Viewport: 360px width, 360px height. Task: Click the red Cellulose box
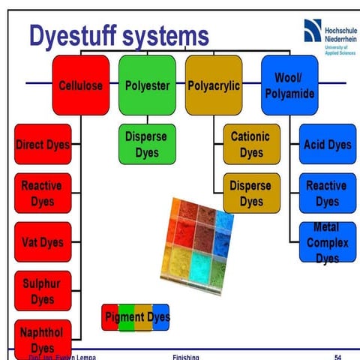click(x=81, y=85)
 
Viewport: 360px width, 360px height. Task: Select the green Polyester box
click(x=147, y=85)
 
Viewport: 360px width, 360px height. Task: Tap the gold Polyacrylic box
click(x=214, y=85)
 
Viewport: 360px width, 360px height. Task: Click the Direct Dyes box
click(x=43, y=145)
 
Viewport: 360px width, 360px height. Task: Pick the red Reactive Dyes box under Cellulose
click(x=43, y=193)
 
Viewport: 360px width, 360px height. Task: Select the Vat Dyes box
click(x=43, y=241)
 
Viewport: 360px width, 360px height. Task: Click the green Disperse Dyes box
click(x=147, y=144)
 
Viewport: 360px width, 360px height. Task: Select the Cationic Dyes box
click(x=251, y=144)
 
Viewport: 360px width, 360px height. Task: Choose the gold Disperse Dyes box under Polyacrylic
click(x=251, y=193)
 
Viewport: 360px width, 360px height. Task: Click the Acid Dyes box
click(x=327, y=144)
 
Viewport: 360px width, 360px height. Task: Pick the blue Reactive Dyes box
click(x=327, y=193)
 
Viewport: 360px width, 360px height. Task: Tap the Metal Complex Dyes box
click(x=327, y=241)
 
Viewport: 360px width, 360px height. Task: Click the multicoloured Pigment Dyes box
click(x=136, y=316)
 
